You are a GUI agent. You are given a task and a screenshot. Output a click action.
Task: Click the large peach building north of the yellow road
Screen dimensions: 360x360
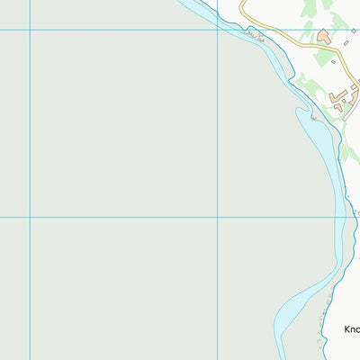click(x=323, y=36)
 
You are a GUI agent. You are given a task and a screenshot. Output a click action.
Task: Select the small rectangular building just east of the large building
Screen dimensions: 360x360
click(x=346, y=42)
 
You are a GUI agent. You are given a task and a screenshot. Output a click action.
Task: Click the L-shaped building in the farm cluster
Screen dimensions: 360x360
click(x=340, y=94)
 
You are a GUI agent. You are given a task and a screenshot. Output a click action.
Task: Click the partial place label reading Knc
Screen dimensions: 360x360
click(x=352, y=330)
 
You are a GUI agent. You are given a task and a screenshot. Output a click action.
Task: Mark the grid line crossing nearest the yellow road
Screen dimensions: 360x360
click(x=218, y=31)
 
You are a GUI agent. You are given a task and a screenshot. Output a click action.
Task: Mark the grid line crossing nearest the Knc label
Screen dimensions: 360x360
click(x=218, y=217)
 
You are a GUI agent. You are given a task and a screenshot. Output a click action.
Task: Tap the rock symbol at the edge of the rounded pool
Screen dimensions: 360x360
click(x=313, y=117)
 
